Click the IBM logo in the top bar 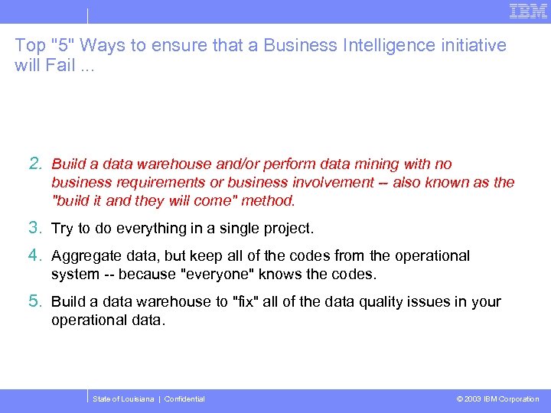(x=528, y=11)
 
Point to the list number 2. (x=35, y=164)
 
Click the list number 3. (x=35, y=228)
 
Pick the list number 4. (x=35, y=255)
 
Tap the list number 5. (x=35, y=301)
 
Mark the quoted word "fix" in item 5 (x=246, y=302)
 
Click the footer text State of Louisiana (x=122, y=399)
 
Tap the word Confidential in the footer (x=184, y=399)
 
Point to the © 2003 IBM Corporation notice (x=497, y=399)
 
